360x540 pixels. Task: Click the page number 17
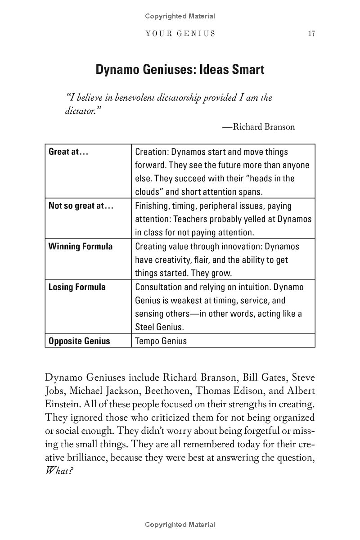(311, 34)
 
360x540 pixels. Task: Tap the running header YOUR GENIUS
(180, 34)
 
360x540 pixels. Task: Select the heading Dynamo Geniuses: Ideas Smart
(180, 70)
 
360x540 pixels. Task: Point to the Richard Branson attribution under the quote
(259, 127)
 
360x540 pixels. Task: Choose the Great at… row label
(68, 152)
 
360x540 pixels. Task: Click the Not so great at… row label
(81, 206)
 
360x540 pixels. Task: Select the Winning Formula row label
(81, 246)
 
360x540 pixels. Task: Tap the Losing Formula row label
(77, 287)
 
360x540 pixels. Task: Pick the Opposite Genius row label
(79, 341)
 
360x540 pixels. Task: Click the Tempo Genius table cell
(161, 341)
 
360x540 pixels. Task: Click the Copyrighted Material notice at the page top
(180, 16)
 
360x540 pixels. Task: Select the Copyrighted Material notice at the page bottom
(180, 525)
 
